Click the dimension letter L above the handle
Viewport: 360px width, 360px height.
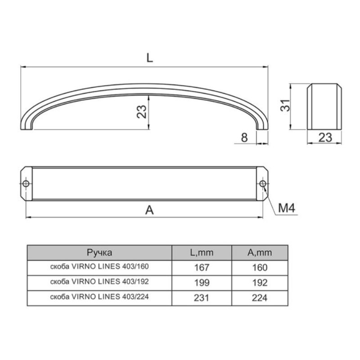pos(149,58)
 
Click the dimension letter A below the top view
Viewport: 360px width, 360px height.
pos(149,210)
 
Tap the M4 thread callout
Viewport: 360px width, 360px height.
pos(287,208)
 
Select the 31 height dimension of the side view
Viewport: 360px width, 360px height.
pos(285,105)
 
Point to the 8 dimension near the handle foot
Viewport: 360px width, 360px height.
pos(244,138)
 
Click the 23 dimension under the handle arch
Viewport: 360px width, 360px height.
pos(141,112)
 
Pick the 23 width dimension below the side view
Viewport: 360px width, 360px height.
pos(325,138)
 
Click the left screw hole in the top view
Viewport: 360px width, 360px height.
pos(26,184)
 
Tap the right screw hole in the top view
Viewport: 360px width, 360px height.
pos(263,184)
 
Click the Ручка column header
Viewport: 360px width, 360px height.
pos(99,252)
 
